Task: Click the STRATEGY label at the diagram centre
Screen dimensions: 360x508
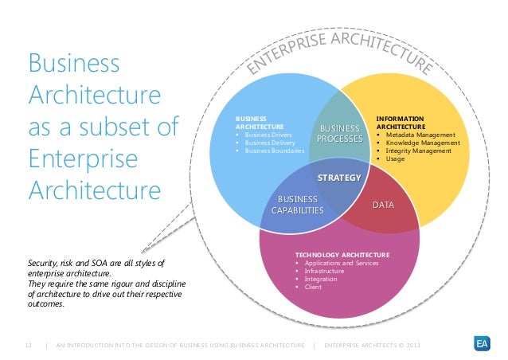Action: (x=340, y=177)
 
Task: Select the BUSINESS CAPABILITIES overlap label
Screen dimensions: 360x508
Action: (x=297, y=205)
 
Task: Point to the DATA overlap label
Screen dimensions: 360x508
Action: (x=384, y=205)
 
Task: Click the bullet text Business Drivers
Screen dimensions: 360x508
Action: (x=274, y=135)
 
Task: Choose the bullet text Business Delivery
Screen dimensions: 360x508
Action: (x=275, y=143)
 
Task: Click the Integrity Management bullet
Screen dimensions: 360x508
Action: (x=420, y=151)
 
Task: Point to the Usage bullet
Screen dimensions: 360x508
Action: (x=395, y=158)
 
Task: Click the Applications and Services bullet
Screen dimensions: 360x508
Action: (x=339, y=263)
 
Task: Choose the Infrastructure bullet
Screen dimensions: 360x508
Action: (x=322, y=271)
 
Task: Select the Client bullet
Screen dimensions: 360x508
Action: (x=311, y=287)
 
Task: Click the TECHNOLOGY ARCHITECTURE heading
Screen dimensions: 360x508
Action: (x=342, y=255)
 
